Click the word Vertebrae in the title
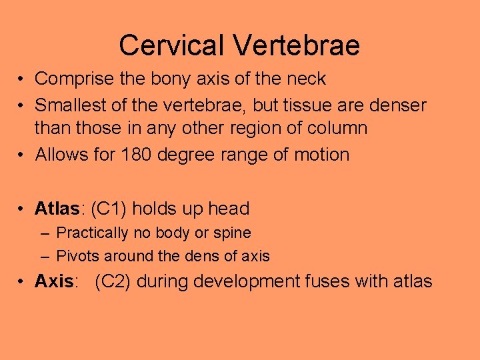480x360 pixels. click(297, 45)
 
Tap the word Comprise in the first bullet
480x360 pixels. click(75, 79)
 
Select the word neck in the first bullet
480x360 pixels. click(305, 79)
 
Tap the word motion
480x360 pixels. click(318, 155)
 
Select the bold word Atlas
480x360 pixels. click(57, 209)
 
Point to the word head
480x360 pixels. click(228, 209)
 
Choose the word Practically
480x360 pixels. click(92, 233)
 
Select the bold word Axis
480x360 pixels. click(54, 282)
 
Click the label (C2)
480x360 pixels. click(113, 282)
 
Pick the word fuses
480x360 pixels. click(327, 282)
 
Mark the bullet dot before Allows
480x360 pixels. click(23, 155)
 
